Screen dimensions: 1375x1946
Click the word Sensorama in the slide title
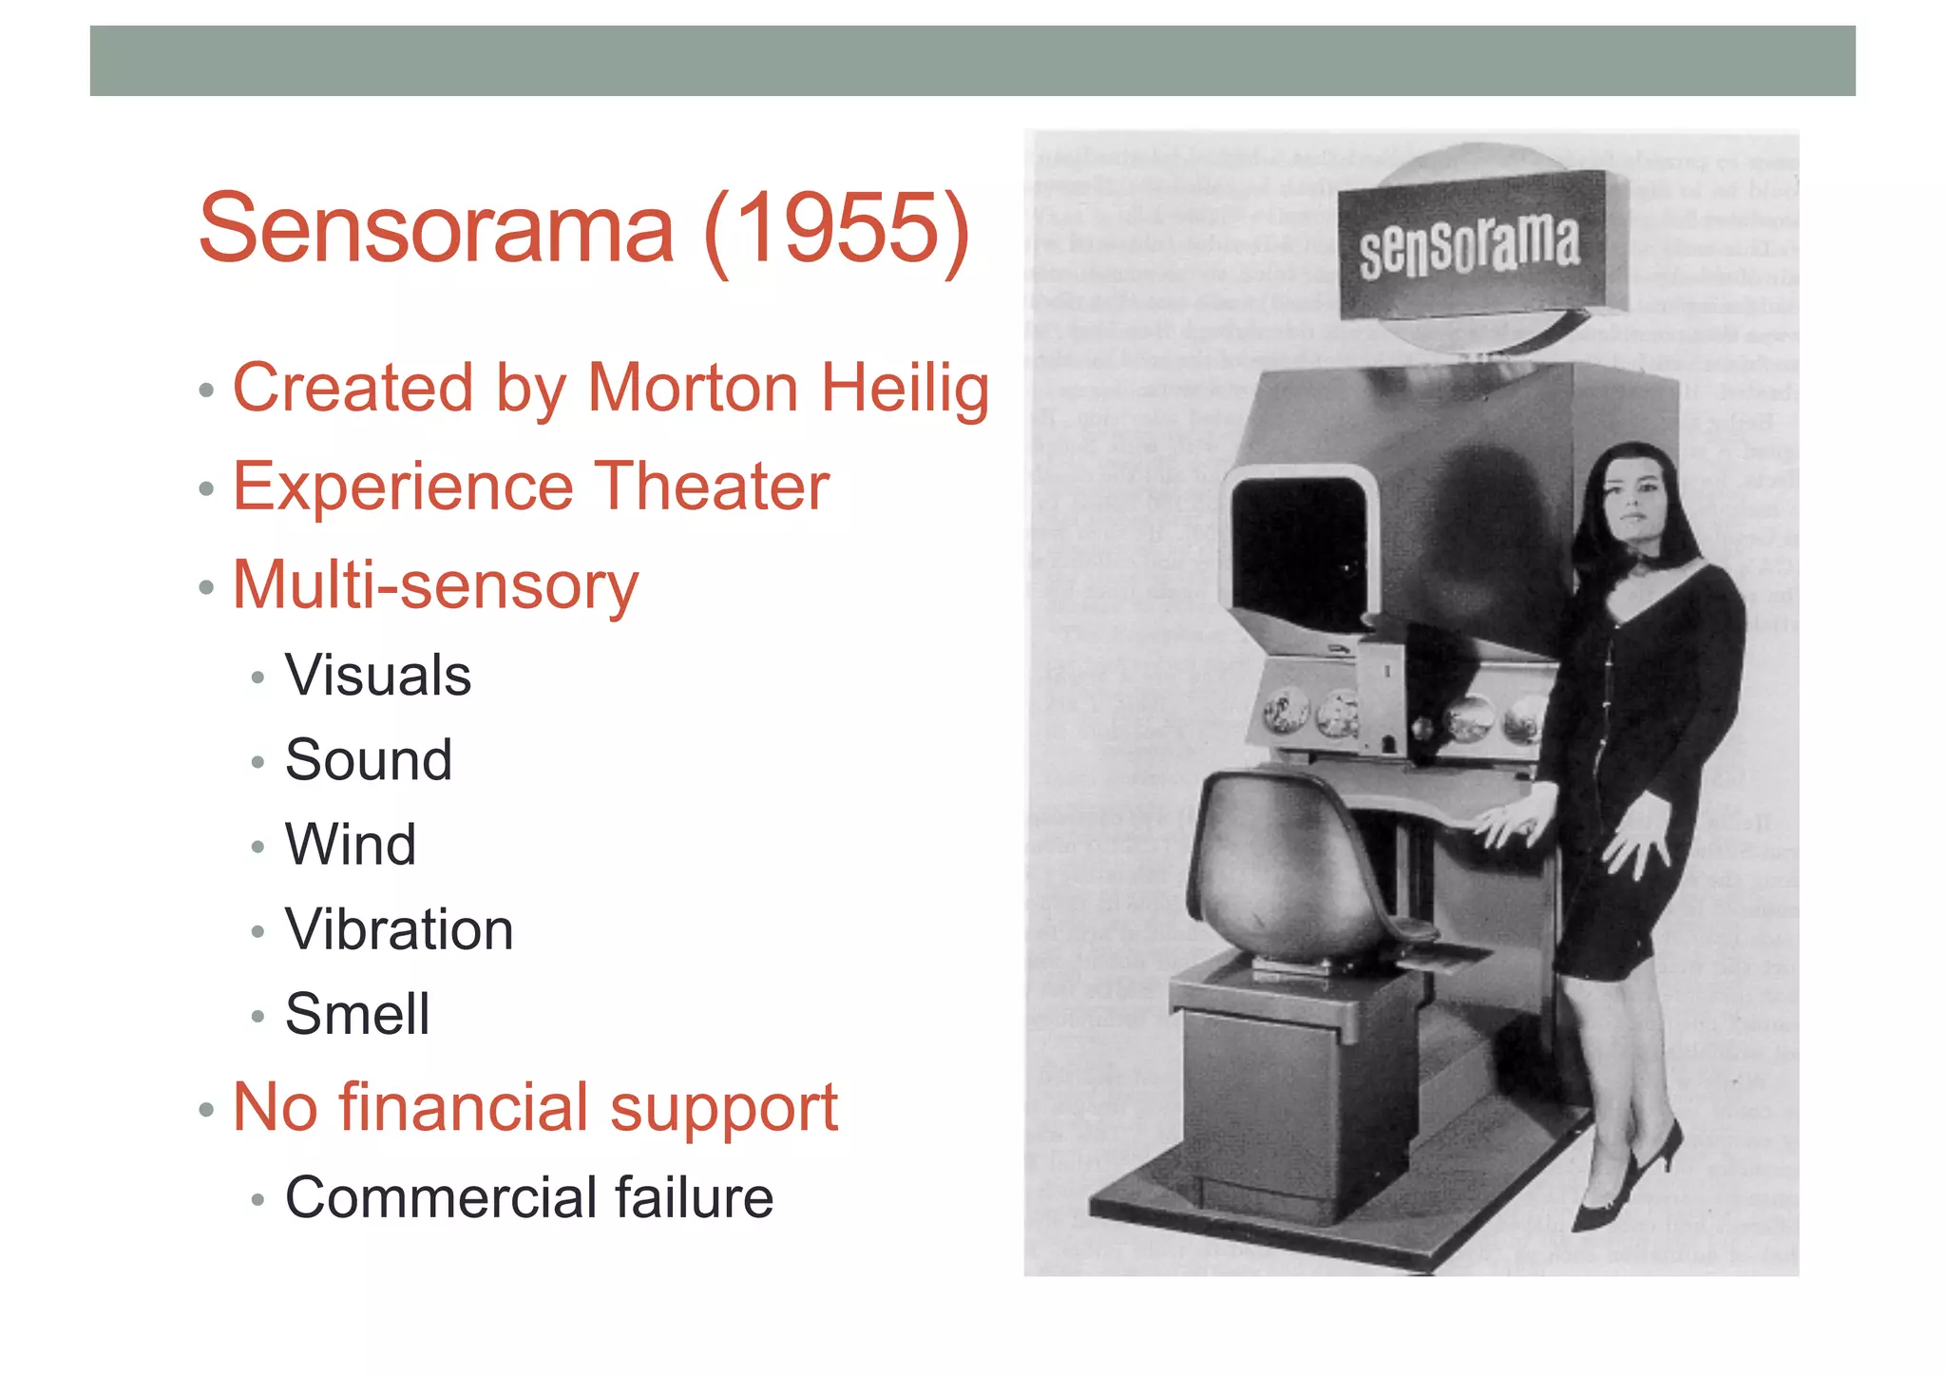[x=436, y=229]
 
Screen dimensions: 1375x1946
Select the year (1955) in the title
[x=836, y=229]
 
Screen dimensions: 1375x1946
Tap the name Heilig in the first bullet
[x=905, y=390]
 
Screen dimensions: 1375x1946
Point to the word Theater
[x=712, y=487]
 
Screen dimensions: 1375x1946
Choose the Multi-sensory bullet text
[x=435, y=586]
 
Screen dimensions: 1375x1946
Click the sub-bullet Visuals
[x=378, y=676]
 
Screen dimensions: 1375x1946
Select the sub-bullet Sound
[x=369, y=760]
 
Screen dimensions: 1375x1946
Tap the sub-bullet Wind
[x=351, y=845]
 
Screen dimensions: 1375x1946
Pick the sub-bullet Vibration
[x=399, y=929]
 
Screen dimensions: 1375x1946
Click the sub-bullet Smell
[x=357, y=1014]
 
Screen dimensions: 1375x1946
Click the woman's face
[x=1632, y=501]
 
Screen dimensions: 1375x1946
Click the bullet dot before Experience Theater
[x=206, y=489]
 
